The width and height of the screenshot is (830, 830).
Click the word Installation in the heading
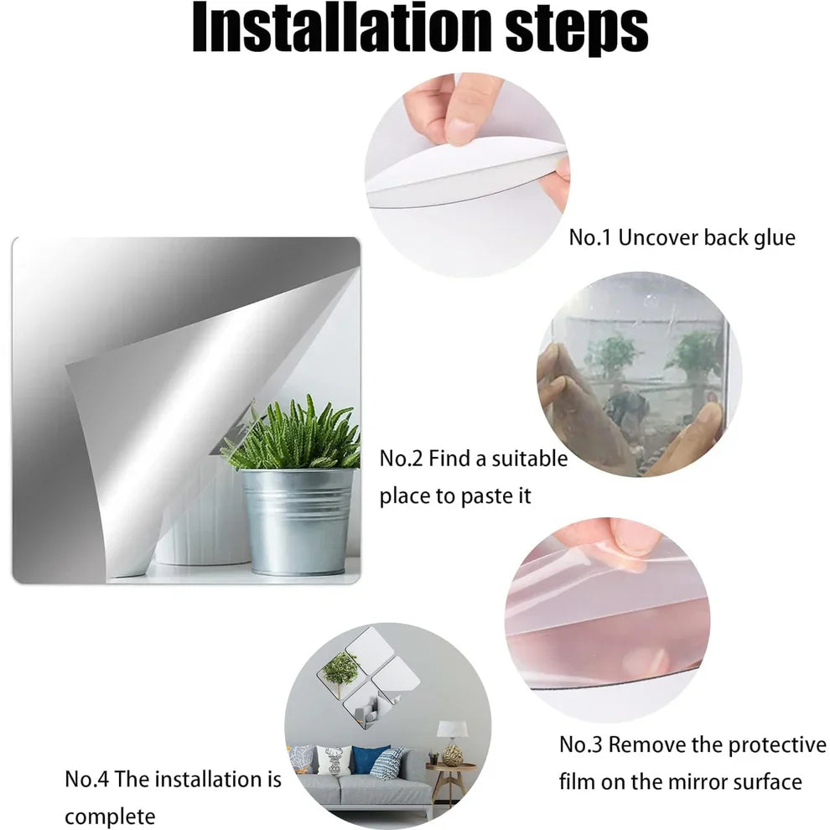[x=343, y=28]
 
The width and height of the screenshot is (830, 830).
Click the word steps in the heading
[x=577, y=31]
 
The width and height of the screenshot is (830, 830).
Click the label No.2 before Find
[x=401, y=459]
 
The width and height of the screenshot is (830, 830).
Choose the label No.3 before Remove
[x=581, y=744]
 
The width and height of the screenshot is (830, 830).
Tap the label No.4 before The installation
[x=87, y=779]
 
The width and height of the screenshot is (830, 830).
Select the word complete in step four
[x=110, y=817]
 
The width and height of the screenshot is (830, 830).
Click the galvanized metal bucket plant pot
[x=298, y=521]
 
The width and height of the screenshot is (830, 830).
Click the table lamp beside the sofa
[x=452, y=741]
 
